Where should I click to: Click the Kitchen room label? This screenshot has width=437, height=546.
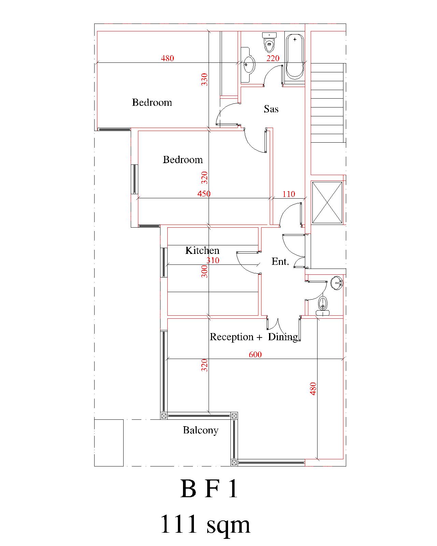click(x=202, y=250)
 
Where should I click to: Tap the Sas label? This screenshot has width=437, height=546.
click(x=271, y=109)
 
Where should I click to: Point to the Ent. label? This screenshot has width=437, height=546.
click(x=280, y=261)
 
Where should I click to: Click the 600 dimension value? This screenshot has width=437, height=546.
click(x=255, y=355)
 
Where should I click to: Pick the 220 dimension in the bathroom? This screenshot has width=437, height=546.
click(x=273, y=58)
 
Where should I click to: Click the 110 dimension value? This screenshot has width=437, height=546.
click(x=289, y=194)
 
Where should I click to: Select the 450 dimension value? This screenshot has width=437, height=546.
click(x=204, y=194)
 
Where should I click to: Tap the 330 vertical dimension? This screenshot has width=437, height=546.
click(x=205, y=80)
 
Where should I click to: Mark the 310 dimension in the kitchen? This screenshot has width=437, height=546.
click(x=213, y=260)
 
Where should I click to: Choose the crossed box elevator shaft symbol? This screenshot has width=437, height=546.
click(x=327, y=202)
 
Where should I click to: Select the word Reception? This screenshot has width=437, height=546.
click(x=231, y=337)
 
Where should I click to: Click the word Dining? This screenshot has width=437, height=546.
click(x=283, y=337)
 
